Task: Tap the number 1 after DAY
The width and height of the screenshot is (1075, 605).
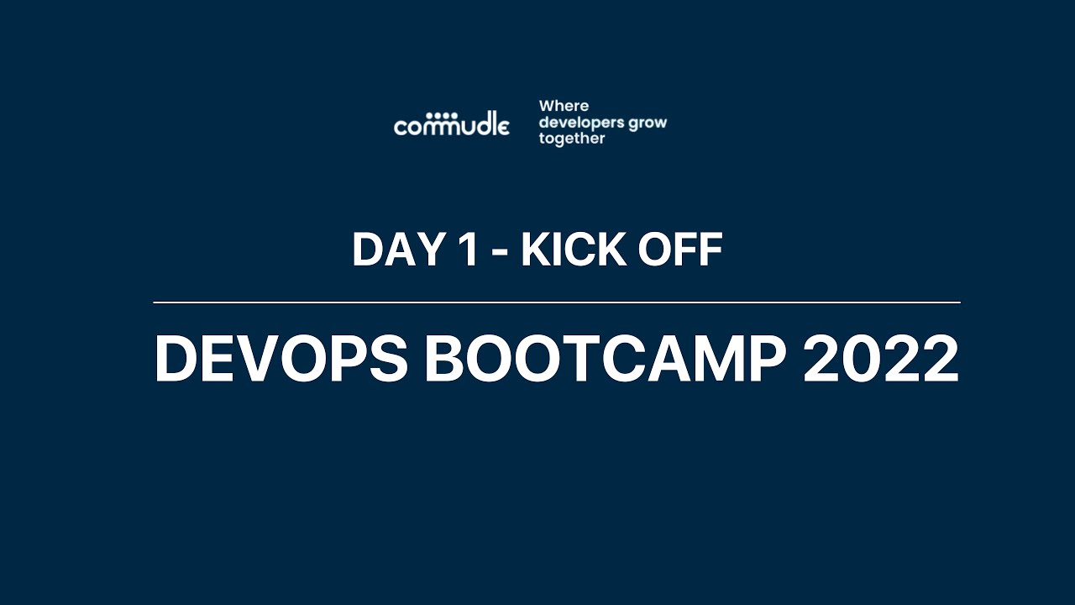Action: (464, 250)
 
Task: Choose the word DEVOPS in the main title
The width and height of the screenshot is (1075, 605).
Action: (281, 359)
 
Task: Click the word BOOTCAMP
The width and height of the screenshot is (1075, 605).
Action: (605, 359)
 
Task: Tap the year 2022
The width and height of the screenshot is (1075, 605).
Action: (881, 359)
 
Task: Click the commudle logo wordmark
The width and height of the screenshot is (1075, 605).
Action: (452, 127)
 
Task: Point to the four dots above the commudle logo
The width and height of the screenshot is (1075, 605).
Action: (442, 115)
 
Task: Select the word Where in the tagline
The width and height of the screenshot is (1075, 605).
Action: (564, 106)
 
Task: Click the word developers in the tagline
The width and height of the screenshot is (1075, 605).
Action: (581, 123)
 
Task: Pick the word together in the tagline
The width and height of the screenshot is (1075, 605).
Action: (571, 139)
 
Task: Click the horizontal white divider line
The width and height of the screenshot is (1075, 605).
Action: (556, 302)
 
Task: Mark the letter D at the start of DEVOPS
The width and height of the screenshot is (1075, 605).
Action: (176, 359)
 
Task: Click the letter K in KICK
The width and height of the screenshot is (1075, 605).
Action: (535, 250)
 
